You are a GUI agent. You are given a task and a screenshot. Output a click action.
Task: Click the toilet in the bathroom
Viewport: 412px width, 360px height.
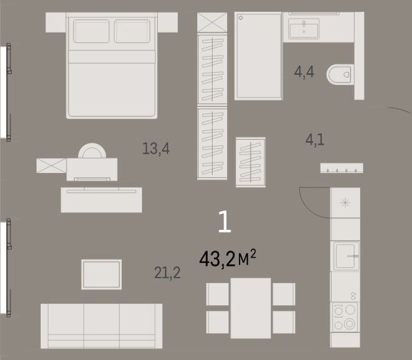[x=340, y=74]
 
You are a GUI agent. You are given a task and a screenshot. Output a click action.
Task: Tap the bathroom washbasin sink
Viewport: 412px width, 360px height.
[x=304, y=28]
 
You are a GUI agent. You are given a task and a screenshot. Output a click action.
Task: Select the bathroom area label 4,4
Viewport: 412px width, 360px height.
[x=304, y=72]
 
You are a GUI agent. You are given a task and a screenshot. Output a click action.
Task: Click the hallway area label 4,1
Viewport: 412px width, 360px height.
[x=315, y=140]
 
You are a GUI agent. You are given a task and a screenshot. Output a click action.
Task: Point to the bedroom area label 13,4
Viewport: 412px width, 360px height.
[x=156, y=149]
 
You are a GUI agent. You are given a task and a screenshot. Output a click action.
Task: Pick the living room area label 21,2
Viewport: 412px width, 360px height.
[x=168, y=273]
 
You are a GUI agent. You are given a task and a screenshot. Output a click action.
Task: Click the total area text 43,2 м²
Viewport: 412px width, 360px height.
[x=228, y=258]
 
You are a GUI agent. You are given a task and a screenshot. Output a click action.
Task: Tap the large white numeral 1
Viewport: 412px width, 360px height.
[x=224, y=222]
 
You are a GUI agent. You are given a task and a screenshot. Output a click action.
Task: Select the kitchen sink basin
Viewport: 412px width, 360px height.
[x=346, y=255]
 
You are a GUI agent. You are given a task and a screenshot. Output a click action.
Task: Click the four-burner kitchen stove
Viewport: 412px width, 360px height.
[x=346, y=317]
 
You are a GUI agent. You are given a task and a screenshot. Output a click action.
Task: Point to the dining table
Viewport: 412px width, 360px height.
[x=251, y=308]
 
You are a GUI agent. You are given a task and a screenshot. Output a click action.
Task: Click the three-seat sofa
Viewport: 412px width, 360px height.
[x=101, y=326]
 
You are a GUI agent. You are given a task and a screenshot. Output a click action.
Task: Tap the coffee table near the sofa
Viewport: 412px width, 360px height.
[x=101, y=275]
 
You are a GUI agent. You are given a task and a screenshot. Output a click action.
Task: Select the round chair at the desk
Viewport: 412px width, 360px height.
[x=92, y=150]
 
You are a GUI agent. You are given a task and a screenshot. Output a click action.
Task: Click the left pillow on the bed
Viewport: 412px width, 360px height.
[x=91, y=31]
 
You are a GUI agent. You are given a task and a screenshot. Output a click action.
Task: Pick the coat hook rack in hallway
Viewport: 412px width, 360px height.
[x=341, y=168]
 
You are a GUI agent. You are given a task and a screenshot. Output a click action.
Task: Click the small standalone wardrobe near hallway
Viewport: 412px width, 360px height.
[x=251, y=162]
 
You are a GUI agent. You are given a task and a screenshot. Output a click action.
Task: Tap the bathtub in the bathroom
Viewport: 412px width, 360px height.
[x=258, y=56]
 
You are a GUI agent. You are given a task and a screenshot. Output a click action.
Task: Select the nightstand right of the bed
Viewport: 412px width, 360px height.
[x=168, y=22]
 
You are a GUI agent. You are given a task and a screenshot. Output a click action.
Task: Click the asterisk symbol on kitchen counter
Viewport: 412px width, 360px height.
[x=345, y=203]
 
